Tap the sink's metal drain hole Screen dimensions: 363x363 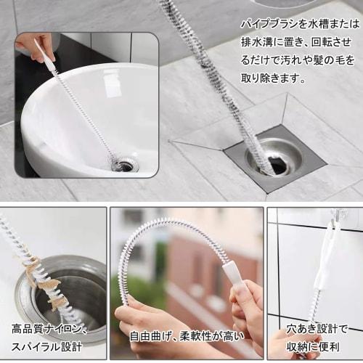125,165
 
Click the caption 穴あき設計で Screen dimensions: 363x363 318,328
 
